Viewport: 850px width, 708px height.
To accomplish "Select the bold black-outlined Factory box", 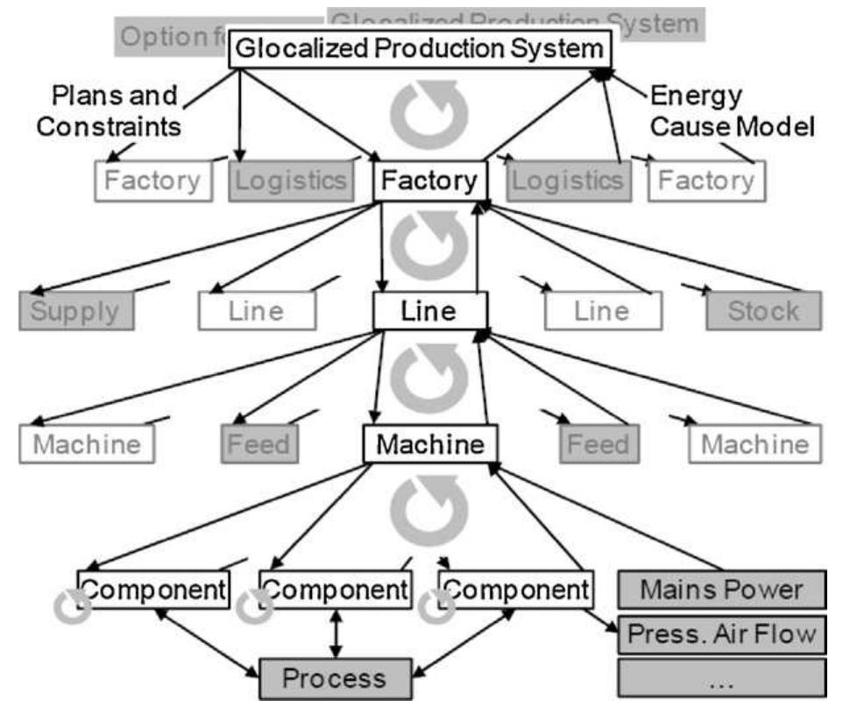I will point(429,181).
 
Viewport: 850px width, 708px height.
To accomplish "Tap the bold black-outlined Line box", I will point(429,311).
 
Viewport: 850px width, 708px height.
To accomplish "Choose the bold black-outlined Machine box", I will point(430,443).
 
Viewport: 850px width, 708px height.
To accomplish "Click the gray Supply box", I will point(76,311).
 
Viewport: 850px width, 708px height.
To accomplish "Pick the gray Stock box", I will point(764,311).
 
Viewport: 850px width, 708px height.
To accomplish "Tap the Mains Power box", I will point(722,590).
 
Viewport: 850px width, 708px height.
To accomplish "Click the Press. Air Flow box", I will point(722,633).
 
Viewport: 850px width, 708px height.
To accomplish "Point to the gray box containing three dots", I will point(722,677).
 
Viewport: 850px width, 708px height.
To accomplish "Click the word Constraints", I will point(110,127).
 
